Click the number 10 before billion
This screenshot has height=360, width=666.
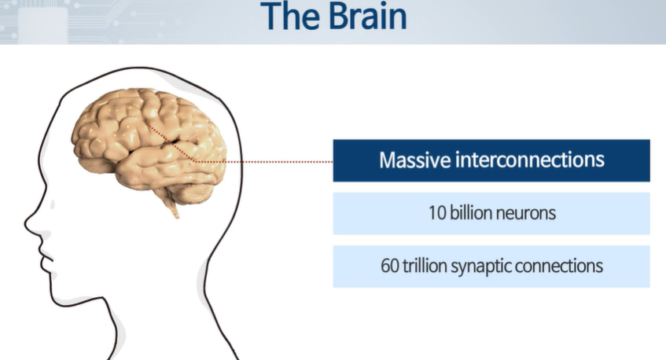(x=438, y=213)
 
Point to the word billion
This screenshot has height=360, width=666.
(x=473, y=213)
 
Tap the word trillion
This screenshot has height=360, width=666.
(x=425, y=266)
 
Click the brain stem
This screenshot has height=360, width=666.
(x=172, y=206)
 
